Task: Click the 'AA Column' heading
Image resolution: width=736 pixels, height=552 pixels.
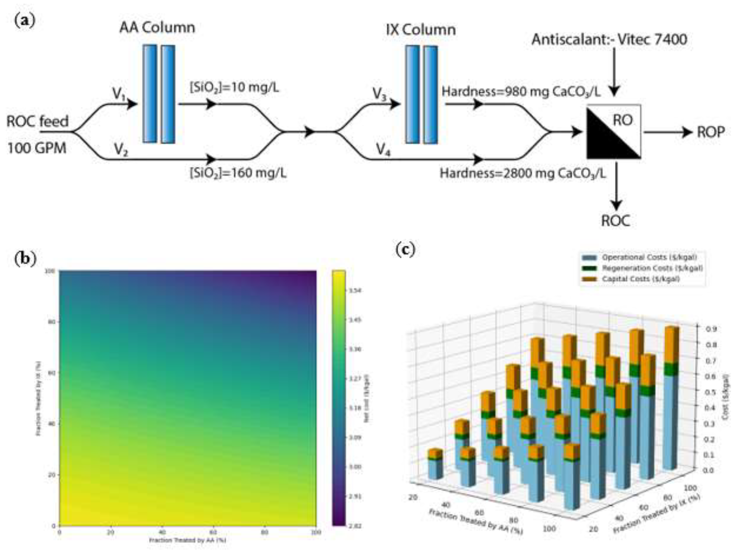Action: (x=157, y=28)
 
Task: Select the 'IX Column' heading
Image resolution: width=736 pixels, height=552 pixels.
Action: (x=421, y=30)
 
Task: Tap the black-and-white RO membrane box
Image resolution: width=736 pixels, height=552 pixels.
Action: (x=614, y=132)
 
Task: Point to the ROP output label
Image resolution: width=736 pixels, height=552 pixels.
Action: (x=710, y=132)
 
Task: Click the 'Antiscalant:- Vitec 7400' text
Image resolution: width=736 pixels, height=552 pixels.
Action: (x=609, y=40)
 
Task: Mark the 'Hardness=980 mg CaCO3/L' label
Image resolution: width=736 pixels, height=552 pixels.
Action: (x=521, y=92)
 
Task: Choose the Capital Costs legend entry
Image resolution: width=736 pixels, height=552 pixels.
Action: (x=640, y=279)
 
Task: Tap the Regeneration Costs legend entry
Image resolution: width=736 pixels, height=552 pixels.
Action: (x=652, y=268)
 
